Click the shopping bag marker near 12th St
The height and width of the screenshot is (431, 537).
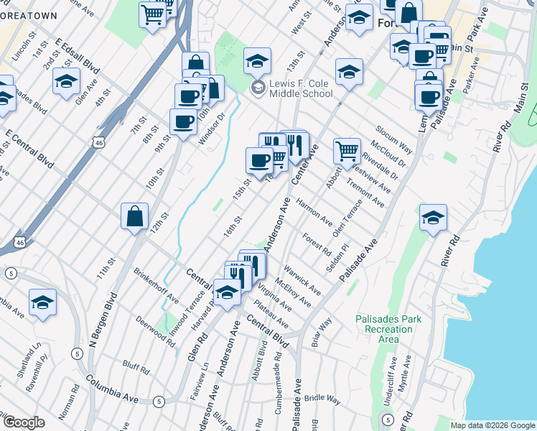point(134,216)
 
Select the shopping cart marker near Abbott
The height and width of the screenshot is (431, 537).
point(347,152)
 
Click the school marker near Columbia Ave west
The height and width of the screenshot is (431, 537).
point(42,303)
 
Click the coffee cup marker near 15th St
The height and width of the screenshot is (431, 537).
point(259,161)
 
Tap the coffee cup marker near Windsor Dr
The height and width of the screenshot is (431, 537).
point(183,122)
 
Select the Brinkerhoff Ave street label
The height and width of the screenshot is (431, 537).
point(156,285)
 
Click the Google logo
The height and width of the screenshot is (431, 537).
point(24,422)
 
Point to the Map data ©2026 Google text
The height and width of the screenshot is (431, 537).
point(492,425)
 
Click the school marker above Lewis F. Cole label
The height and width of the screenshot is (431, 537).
point(256,60)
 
